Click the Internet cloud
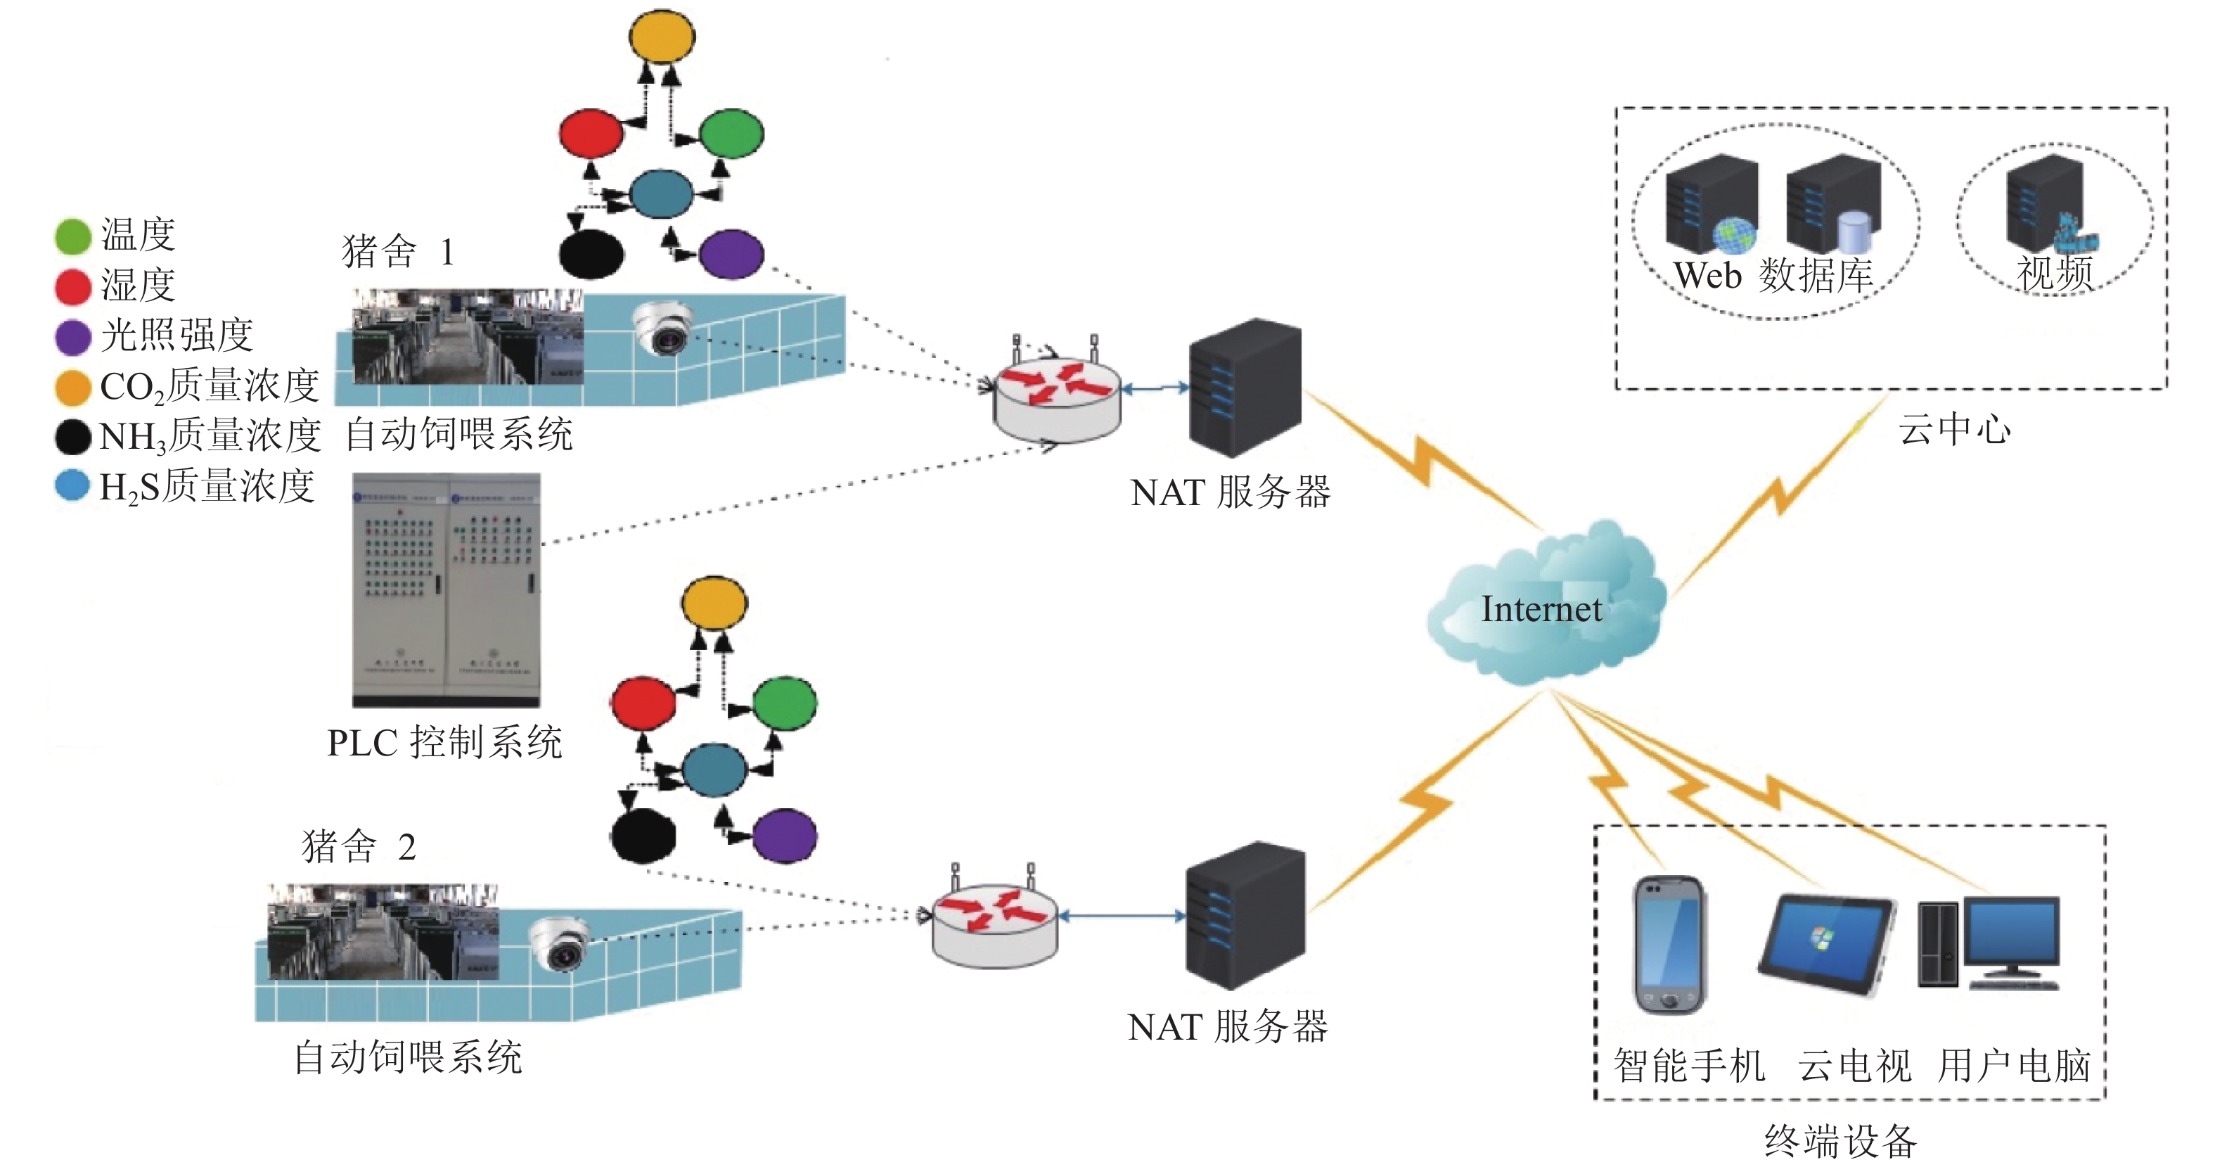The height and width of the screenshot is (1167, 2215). pos(1543,606)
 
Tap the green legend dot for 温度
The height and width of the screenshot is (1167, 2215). pos(72,236)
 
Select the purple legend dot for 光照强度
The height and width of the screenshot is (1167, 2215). pos(72,336)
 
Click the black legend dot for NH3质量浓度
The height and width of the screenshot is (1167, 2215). pos(72,436)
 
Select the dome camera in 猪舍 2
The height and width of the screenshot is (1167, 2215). pos(560,943)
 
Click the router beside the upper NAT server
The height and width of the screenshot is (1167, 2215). pos(1057,399)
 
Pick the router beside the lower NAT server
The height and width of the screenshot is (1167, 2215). pos(995,924)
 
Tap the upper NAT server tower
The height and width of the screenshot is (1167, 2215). pos(1244,386)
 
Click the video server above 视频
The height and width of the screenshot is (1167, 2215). pos(2046,206)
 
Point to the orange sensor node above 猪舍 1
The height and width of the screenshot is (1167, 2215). pos(661,36)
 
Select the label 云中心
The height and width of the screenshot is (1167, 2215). pos(1953,428)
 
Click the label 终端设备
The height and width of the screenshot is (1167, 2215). pos(1840,1141)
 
